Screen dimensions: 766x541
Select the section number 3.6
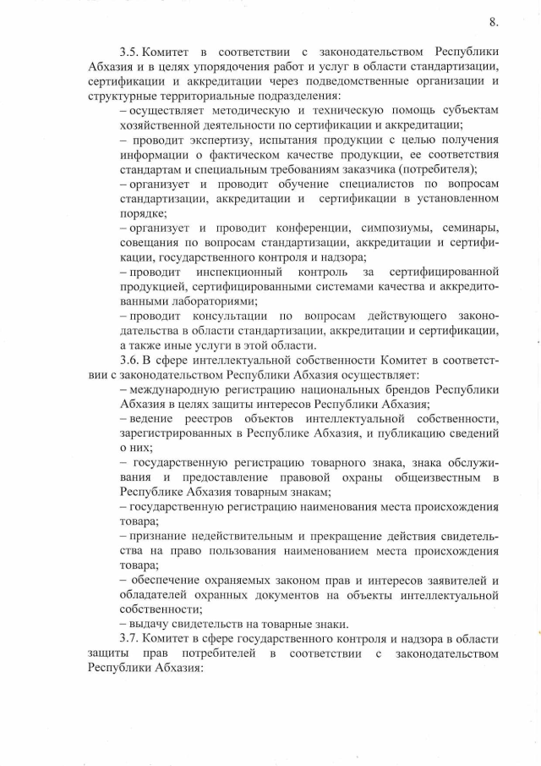click(x=133, y=360)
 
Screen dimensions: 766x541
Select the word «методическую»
click(x=240, y=111)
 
